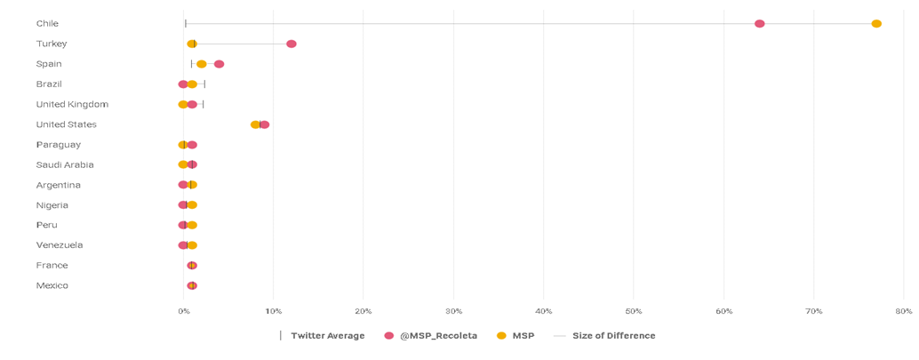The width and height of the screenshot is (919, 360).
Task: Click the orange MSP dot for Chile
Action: click(x=876, y=24)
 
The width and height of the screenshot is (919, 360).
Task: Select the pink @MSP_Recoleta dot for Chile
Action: click(x=759, y=24)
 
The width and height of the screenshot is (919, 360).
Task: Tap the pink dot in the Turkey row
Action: click(x=292, y=44)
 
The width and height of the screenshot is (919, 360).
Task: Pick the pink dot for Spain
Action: click(x=219, y=64)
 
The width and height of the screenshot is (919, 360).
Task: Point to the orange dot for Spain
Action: click(x=202, y=64)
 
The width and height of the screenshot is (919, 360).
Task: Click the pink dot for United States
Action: click(x=265, y=124)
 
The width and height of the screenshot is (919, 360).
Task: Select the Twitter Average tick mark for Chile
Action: click(x=185, y=24)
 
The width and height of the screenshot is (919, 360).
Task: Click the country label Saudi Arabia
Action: click(x=65, y=164)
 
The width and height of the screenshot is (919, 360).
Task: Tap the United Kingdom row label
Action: click(x=72, y=104)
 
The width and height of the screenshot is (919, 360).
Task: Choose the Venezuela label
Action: click(x=60, y=245)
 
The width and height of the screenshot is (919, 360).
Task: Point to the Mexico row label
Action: click(x=52, y=285)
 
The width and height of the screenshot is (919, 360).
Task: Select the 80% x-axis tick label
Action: click(x=904, y=311)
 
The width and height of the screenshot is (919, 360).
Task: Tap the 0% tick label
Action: click(x=183, y=311)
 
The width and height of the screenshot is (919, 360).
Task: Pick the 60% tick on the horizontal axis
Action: click(x=724, y=311)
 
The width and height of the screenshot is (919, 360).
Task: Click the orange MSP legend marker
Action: click(x=501, y=336)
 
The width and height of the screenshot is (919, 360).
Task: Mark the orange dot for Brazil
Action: click(x=192, y=84)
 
